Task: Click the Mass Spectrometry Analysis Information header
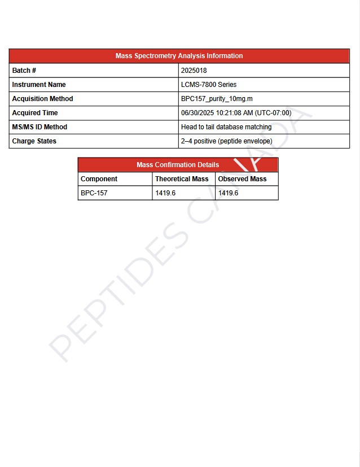click(x=179, y=56)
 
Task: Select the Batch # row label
click(x=24, y=71)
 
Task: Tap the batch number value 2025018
click(x=194, y=71)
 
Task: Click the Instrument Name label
click(x=39, y=85)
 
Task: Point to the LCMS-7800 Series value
click(x=209, y=85)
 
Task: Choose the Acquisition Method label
click(x=42, y=99)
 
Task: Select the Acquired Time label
click(x=35, y=113)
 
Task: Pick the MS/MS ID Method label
click(x=39, y=127)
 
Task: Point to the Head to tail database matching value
click(x=226, y=127)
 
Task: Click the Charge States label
click(x=34, y=141)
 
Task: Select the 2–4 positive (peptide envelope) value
click(x=226, y=141)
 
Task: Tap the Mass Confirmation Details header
click(x=178, y=165)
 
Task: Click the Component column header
click(x=99, y=179)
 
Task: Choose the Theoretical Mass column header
click(x=182, y=179)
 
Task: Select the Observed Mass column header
click(x=243, y=179)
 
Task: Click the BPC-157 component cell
click(x=94, y=193)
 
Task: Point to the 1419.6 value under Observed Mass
click(x=229, y=193)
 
